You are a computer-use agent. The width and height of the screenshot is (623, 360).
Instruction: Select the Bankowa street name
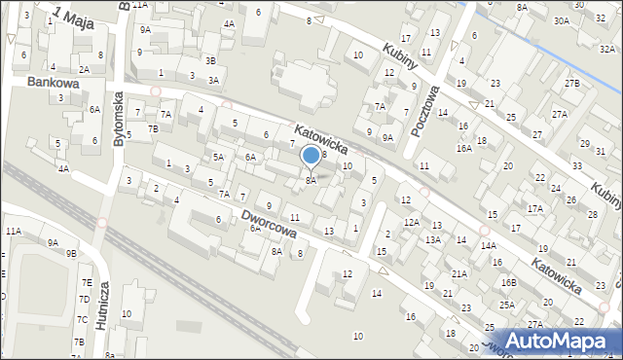[x=52, y=84]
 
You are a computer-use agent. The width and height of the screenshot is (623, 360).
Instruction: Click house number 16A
[x=464, y=148]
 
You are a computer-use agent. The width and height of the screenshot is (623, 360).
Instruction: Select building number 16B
[x=508, y=282]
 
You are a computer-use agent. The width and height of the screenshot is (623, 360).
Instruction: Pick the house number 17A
[x=534, y=208]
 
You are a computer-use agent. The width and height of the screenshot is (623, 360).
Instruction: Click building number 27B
[x=572, y=84]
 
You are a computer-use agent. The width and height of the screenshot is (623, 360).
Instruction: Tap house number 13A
[x=433, y=239]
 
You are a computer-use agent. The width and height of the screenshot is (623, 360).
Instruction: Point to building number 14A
[x=487, y=246]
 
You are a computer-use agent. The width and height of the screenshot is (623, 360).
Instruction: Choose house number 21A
[x=458, y=274]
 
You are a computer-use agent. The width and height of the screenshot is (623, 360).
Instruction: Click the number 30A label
[x=562, y=20]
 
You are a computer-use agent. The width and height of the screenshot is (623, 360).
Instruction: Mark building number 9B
[x=71, y=253]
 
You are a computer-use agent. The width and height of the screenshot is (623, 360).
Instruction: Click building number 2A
[x=85, y=69]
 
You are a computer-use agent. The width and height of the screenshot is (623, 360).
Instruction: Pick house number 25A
[x=507, y=305]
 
